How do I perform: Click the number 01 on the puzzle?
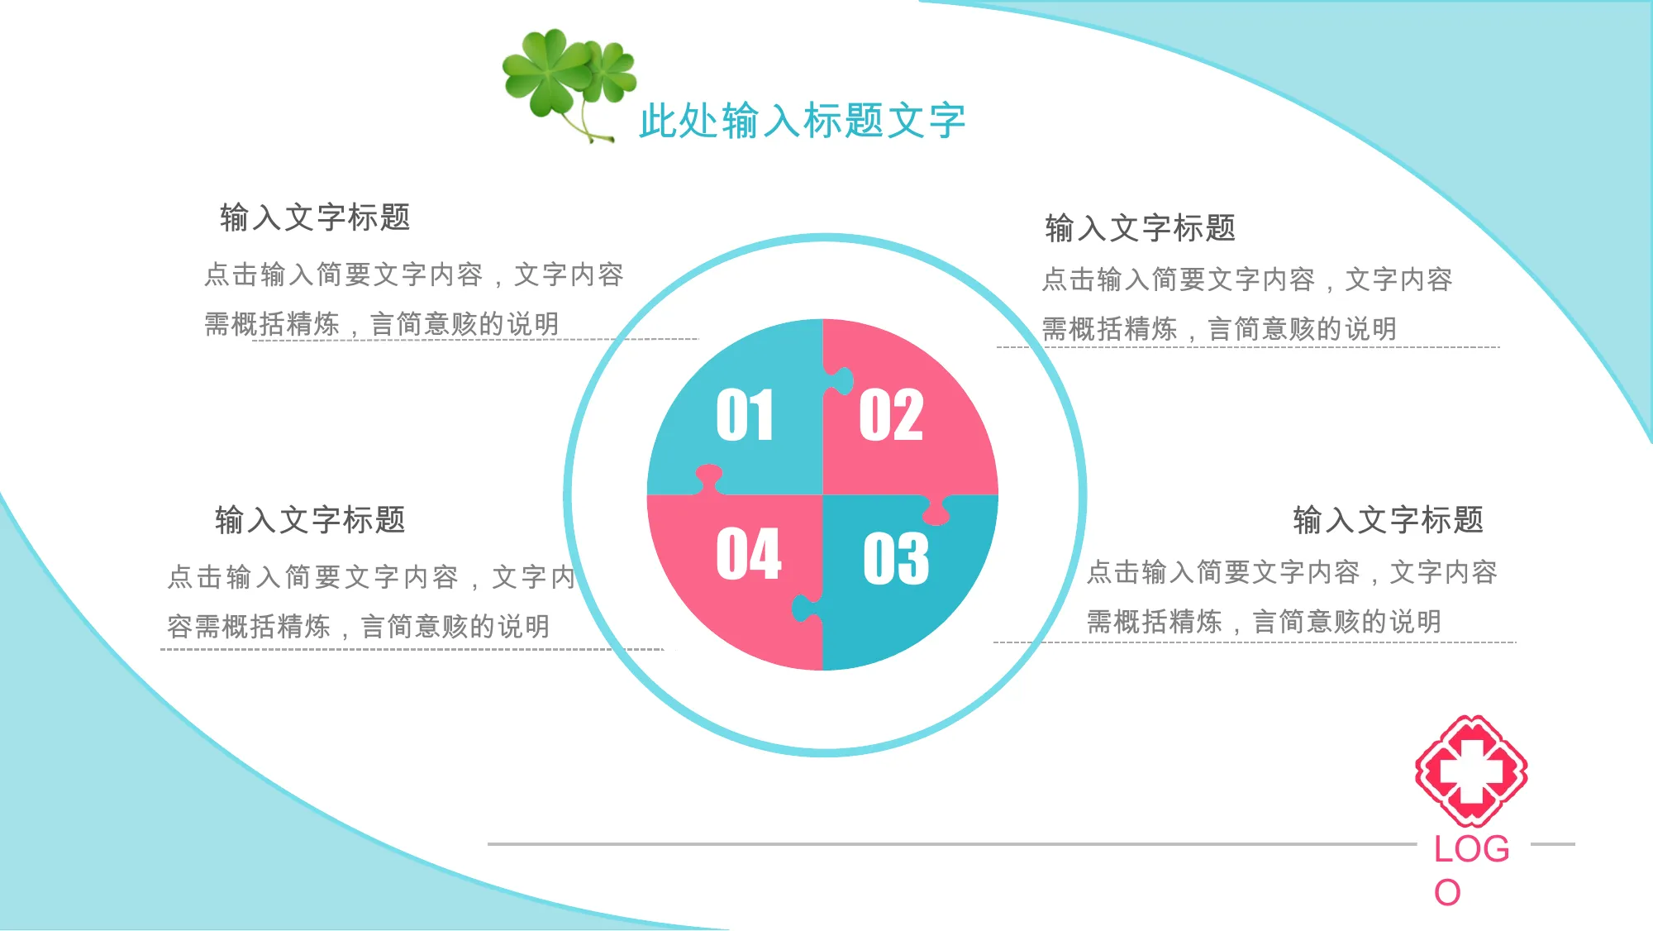pos(745,414)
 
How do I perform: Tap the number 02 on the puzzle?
pos(891,414)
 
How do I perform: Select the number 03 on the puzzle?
pos(896,558)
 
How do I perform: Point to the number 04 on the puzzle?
pos(749,553)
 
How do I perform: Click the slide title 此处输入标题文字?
pos(802,121)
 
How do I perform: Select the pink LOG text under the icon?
pos(1471,849)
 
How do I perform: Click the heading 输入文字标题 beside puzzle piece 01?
pos(315,217)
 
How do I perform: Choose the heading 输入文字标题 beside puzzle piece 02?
pos(1141,227)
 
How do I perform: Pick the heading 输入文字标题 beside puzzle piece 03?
pos(1389,520)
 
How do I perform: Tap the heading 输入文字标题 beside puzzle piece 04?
pos(310,520)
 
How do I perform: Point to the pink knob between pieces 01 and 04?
pos(708,479)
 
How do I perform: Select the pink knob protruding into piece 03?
pos(936,511)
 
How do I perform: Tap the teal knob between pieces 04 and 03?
pos(806,609)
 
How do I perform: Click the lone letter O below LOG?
pos(1447,893)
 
